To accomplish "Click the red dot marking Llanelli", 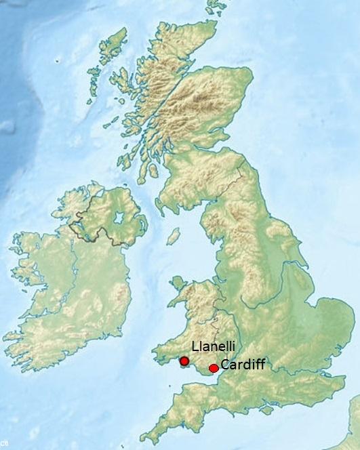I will pyautogui.click(x=184, y=362).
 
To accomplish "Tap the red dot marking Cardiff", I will pyautogui.click(x=214, y=368).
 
